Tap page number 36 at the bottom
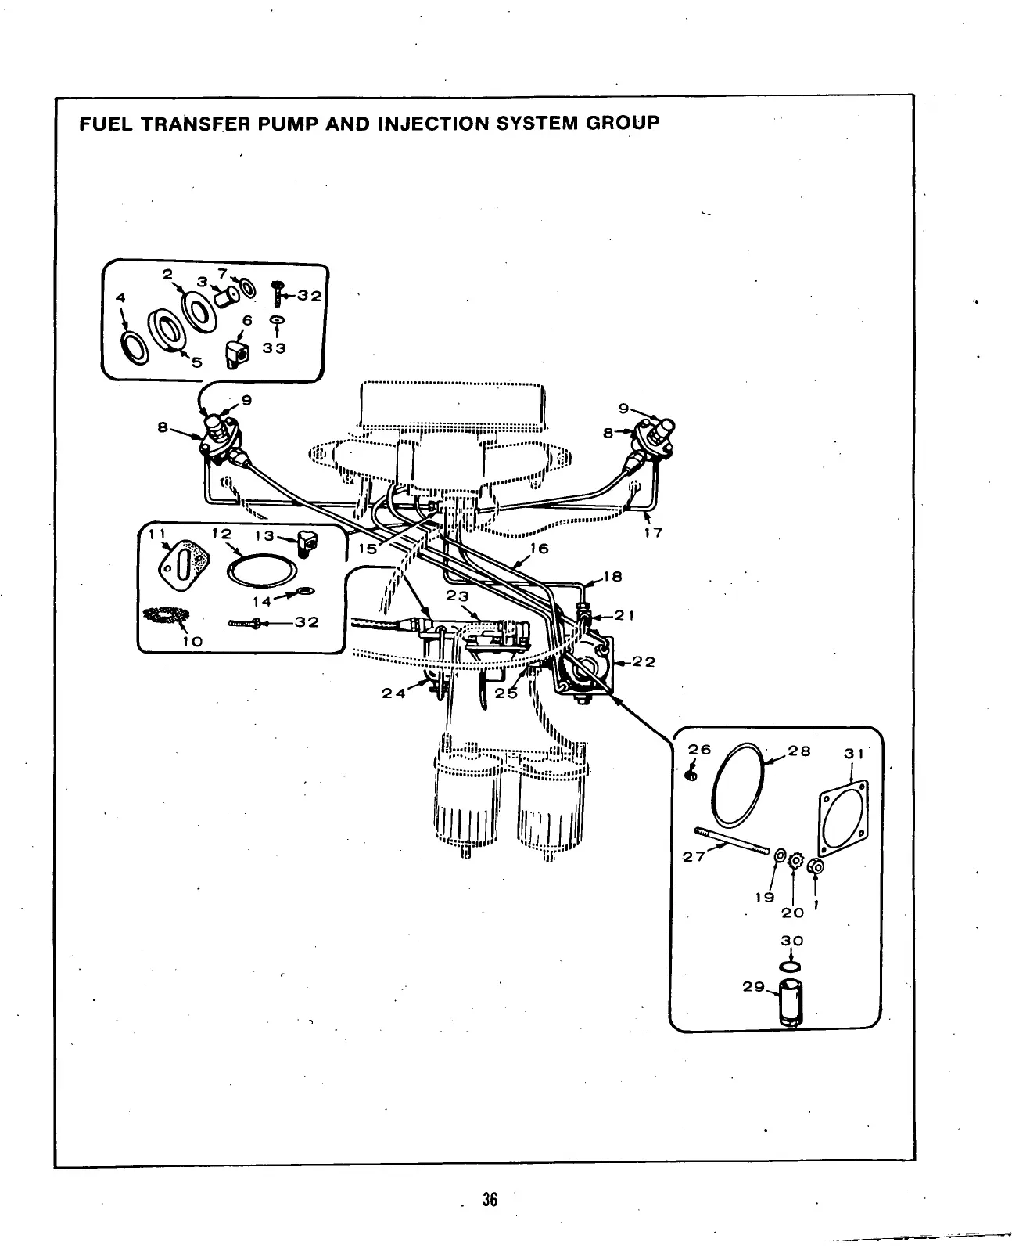click(490, 1200)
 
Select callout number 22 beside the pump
click(644, 662)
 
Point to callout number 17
click(654, 533)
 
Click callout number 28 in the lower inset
click(799, 751)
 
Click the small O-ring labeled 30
click(791, 965)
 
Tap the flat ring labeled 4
click(134, 345)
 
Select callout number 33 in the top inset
click(275, 348)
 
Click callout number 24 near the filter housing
click(393, 693)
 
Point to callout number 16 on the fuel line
click(540, 549)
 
